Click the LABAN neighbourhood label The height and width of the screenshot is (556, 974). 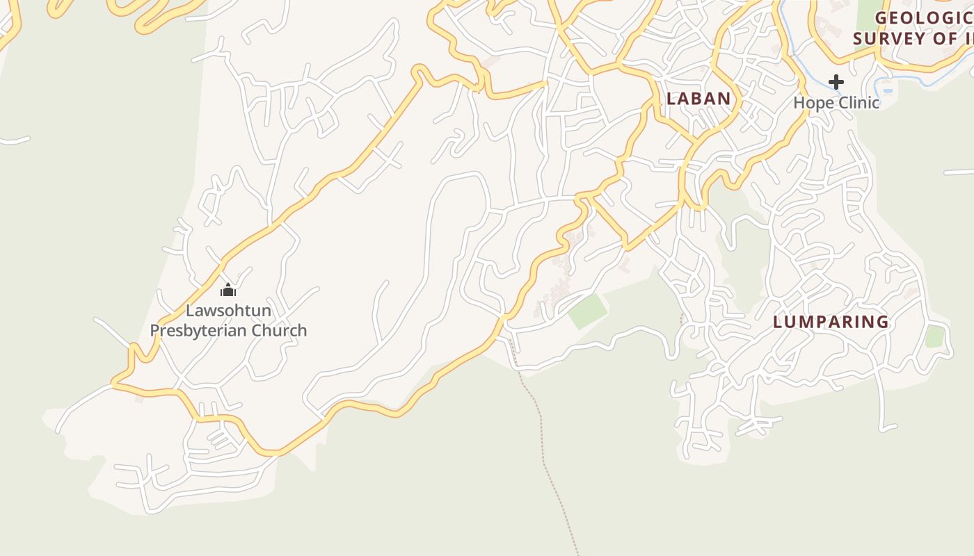698,99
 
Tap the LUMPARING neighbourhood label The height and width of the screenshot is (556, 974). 831,322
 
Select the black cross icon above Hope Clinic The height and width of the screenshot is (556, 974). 836,82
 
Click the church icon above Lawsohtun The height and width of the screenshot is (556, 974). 228,290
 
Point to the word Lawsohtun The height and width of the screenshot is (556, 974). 228,311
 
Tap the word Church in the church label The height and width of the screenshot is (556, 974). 280,330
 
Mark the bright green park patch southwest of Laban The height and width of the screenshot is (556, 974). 588,311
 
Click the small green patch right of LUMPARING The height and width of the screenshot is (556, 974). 935,336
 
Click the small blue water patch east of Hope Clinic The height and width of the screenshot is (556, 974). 888,90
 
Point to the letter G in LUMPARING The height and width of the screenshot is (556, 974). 882,322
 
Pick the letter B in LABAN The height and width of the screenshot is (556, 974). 698,99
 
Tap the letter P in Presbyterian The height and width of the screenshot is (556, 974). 154,330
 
